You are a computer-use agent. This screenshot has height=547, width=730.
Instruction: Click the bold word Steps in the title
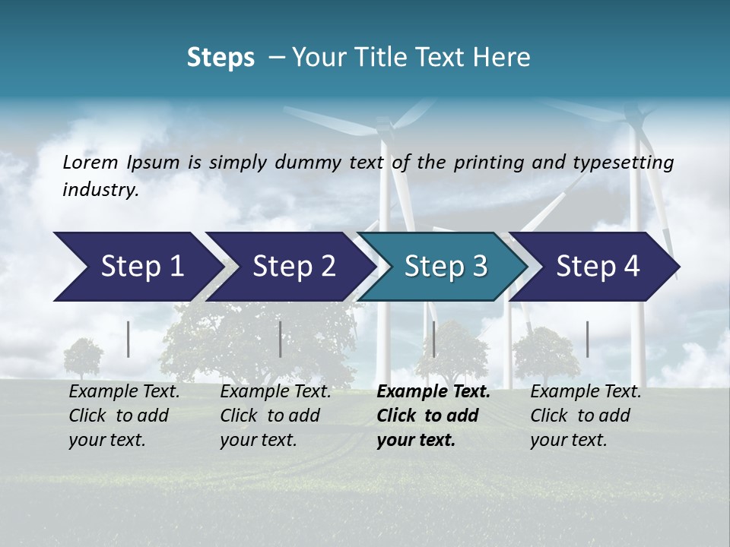pos(221,58)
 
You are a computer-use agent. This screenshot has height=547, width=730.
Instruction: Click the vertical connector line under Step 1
pos(129,339)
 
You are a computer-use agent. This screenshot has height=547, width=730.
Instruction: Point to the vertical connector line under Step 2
pos(281,339)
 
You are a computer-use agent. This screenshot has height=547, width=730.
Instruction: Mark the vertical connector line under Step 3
pos(433,339)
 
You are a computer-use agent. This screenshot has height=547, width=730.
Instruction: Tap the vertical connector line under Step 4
pos(587,339)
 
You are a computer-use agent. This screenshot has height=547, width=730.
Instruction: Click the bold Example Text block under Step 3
pos(433,416)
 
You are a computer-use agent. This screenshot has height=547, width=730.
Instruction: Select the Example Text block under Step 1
pos(124,416)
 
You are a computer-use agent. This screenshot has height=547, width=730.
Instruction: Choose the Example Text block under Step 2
pos(275,416)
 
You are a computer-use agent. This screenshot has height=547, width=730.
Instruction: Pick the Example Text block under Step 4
pos(586,416)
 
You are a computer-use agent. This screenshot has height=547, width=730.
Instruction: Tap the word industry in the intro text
pos(100,189)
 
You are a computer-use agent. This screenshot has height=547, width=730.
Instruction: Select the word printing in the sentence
pos(489,162)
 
